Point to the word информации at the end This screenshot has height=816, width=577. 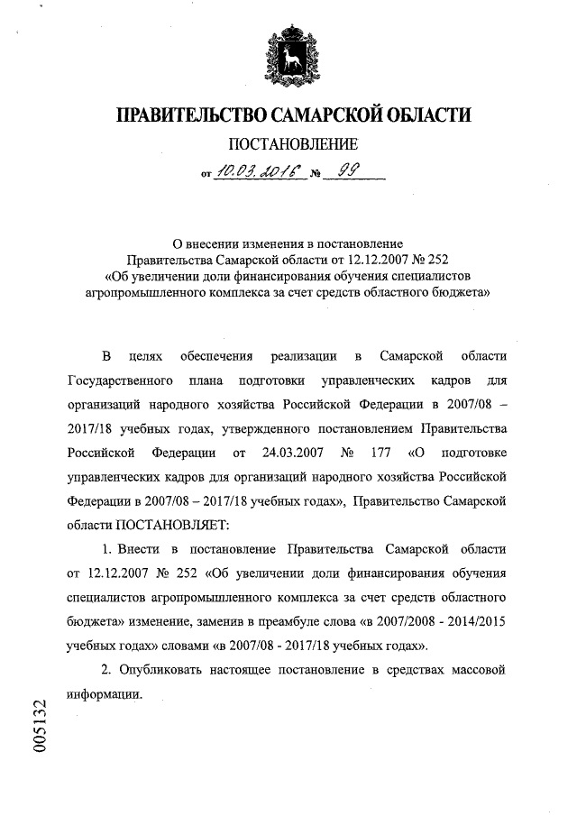[x=105, y=694]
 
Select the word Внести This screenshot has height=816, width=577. [x=140, y=548]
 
